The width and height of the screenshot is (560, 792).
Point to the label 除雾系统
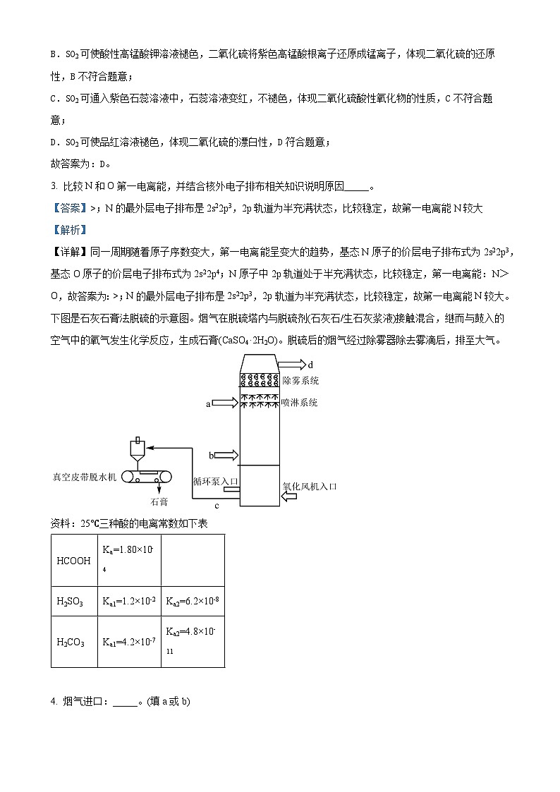tap(300, 381)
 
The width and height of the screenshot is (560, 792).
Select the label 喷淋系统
tap(298, 403)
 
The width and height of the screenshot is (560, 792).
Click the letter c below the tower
tap(217, 506)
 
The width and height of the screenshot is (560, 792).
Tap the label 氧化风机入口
tap(310, 486)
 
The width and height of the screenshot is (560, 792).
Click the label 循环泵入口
tap(217, 481)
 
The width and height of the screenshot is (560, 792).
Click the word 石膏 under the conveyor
tap(159, 502)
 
